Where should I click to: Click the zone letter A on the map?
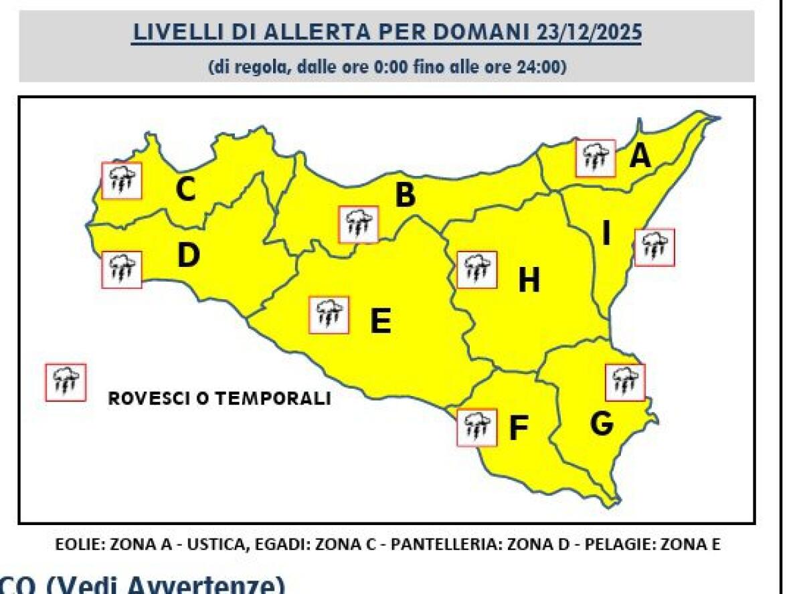point(640,157)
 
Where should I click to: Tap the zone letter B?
point(405,196)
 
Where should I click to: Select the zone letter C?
point(185,190)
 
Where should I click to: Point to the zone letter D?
point(189,256)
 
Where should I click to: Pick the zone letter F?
point(519,429)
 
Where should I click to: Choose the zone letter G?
point(602,423)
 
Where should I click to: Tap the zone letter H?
point(529,281)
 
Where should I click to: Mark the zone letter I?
point(606,234)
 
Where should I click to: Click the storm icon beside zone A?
point(596,159)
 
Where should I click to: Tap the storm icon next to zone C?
point(122,180)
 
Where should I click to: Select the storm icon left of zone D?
point(122,270)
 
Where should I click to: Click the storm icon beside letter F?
point(476,427)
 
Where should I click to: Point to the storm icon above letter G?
point(625,382)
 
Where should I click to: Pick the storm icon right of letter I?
point(654,247)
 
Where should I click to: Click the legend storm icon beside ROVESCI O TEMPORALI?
point(66,383)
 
